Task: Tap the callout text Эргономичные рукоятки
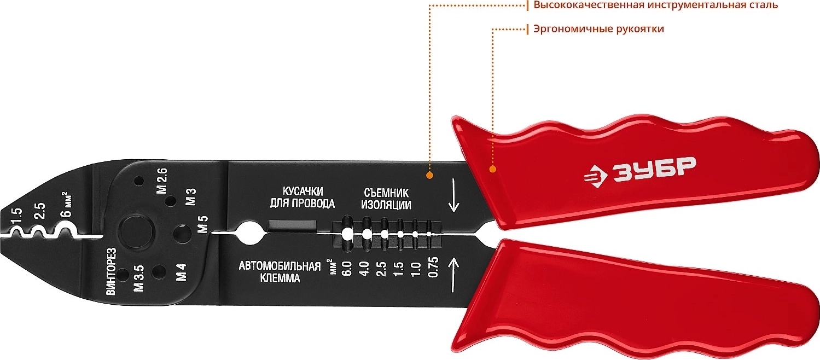598,29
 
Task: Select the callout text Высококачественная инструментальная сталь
655,5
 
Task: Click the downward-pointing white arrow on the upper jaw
454,195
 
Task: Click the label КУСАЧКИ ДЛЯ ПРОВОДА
303,198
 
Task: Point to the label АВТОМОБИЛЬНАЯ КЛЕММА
280,272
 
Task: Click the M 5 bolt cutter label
202,224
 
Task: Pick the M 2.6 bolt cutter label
161,181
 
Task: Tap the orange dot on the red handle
492,169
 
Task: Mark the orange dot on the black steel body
429,175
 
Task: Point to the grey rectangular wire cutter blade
292,225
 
